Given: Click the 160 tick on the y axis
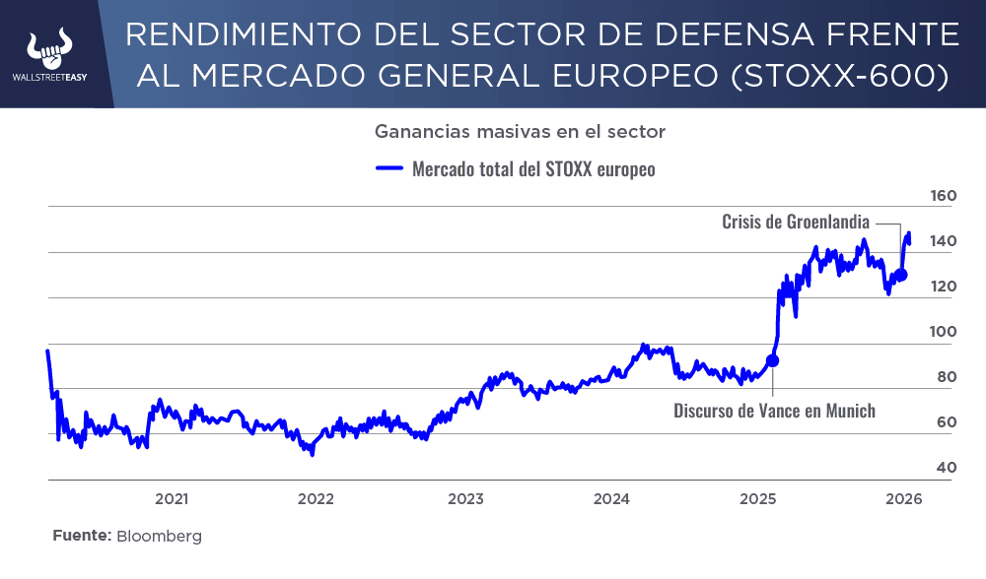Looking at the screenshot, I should [944, 196].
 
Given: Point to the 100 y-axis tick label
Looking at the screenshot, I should [944, 332].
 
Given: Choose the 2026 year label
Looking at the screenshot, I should [903, 499].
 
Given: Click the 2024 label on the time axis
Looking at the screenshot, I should [611, 499].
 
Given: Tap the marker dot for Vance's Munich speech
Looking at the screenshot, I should [772, 360].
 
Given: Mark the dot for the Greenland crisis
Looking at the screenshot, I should [901, 276].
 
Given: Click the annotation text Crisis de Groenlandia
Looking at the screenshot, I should [796, 223].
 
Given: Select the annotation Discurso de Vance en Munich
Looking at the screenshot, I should [774, 411].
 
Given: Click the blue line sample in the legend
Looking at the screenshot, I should [390, 168].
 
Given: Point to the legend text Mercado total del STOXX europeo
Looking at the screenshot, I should [533, 168].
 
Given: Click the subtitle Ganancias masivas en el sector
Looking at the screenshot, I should [521, 131].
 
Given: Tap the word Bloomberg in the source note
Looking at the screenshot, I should [159, 537].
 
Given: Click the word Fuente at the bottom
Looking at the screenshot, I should [80, 537].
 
